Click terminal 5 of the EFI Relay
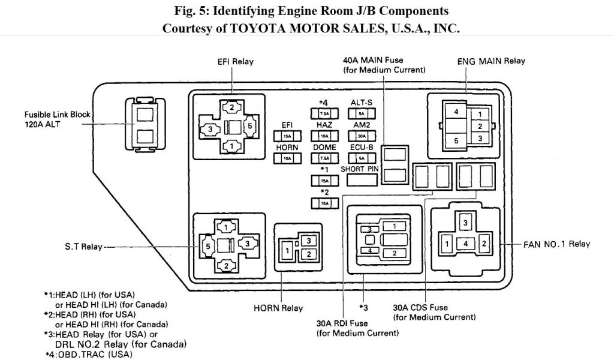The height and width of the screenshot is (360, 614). click(x=250, y=125)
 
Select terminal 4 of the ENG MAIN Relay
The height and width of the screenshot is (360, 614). click(x=456, y=112)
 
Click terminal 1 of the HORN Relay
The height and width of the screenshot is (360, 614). click(x=289, y=249)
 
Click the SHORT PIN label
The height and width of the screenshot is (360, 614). click(x=362, y=169)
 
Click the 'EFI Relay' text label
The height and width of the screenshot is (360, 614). click(x=235, y=62)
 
